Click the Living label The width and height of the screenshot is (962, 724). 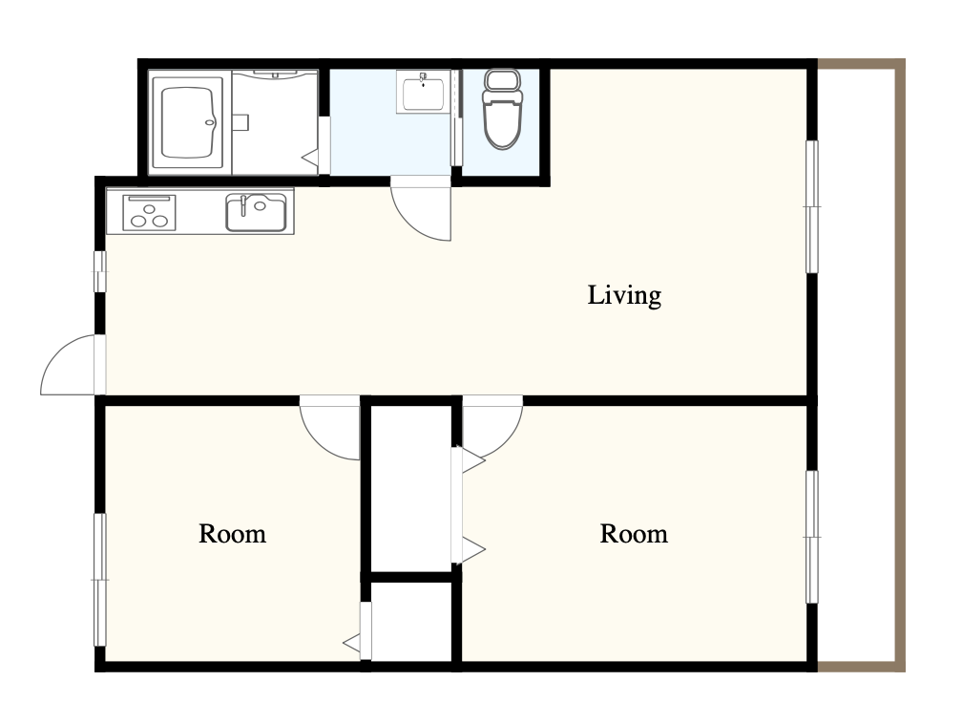tap(624, 295)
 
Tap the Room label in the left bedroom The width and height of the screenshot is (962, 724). tap(233, 534)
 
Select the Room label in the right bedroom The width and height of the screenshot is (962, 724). tap(634, 534)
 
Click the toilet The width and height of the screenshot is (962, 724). tap(502, 109)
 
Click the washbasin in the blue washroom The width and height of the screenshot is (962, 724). tap(424, 92)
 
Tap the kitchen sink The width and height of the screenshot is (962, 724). tap(256, 212)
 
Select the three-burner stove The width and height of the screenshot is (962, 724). tap(149, 212)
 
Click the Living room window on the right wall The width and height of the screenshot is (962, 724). tap(812, 206)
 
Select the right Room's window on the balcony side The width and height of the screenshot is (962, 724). tap(812, 537)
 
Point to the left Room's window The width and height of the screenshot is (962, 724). tap(100, 580)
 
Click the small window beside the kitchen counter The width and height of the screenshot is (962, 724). tap(100, 271)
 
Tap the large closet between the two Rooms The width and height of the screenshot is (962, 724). tap(411, 488)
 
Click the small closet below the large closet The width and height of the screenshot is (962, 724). tap(411, 622)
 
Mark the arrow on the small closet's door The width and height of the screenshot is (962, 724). tap(352, 644)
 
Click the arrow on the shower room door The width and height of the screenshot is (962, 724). tap(310, 157)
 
